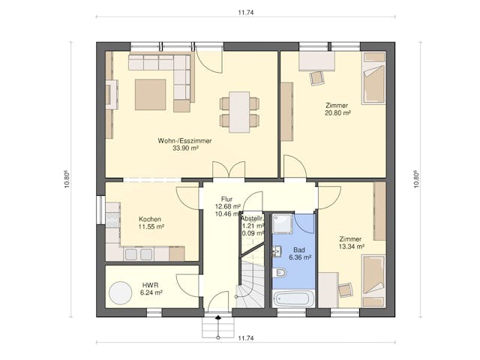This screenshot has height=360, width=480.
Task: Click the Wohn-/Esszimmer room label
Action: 184,141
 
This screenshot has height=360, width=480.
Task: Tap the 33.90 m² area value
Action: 185,148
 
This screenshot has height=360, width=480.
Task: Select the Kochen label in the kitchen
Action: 150,219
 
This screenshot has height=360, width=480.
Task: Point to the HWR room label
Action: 150,285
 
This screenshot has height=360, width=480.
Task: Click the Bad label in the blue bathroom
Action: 298,250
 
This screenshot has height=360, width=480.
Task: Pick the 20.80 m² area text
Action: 337,113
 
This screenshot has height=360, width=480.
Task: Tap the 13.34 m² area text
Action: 351,247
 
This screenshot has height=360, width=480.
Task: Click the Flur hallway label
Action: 226,199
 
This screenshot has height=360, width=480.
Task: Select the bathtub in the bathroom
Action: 293,298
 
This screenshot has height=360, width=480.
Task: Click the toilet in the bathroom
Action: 280,271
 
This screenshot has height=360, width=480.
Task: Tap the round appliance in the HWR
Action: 121,292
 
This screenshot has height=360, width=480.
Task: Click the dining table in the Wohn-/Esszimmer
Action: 239,112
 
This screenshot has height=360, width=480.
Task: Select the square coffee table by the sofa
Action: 150,94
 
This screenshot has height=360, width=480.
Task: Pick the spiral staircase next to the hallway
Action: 250,283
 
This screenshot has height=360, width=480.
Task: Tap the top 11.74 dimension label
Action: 246,13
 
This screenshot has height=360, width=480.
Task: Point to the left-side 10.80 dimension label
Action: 67,179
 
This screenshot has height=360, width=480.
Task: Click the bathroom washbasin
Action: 277,251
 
